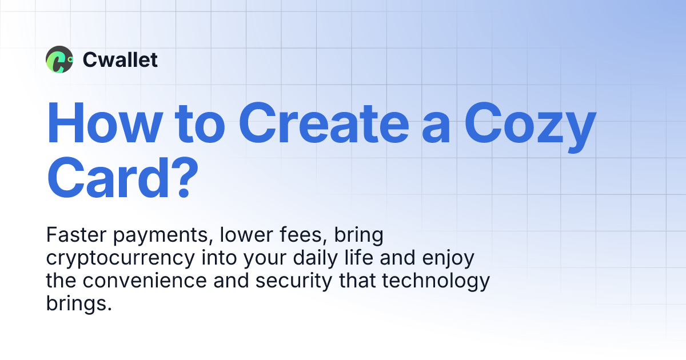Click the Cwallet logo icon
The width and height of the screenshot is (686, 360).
click(x=59, y=59)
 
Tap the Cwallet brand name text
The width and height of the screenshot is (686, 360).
click(x=120, y=59)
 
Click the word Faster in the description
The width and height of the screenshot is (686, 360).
click(x=71, y=235)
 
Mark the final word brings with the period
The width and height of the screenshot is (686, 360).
click(x=78, y=304)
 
